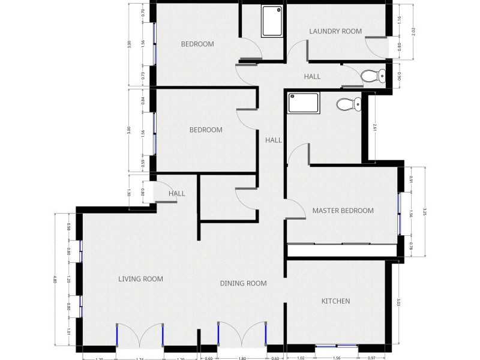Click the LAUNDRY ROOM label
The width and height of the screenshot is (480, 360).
[335, 31]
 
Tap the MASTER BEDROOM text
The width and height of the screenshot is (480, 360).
[343, 211]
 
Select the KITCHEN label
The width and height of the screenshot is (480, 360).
[335, 301]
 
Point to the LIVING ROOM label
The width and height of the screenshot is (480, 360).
[140, 279]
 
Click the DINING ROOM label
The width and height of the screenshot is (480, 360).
[243, 284]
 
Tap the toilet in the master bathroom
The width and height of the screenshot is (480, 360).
[347, 105]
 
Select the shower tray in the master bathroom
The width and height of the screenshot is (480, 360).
[305, 103]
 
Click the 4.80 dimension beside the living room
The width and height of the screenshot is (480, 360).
[55, 280]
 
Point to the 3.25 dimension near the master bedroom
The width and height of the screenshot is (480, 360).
[425, 211]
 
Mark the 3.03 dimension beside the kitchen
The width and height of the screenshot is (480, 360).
[398, 302]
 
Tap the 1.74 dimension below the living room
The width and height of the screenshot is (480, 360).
[140, 358]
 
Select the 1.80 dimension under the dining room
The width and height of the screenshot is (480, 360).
[242, 358]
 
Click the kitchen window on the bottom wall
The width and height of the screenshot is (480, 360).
[337, 346]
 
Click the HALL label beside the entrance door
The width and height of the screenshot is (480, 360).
[176, 194]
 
